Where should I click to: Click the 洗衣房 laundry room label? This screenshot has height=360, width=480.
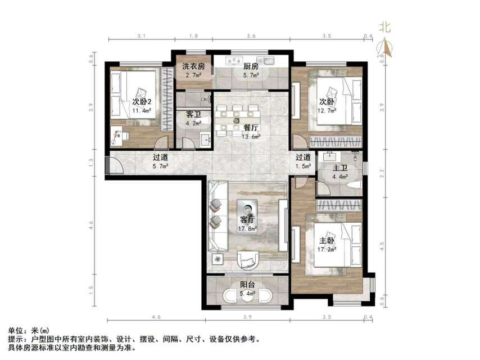point(193,66)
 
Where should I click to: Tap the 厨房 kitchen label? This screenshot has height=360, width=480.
point(251,66)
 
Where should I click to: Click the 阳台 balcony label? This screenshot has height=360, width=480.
point(247,285)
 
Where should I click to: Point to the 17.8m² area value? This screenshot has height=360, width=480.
point(247,228)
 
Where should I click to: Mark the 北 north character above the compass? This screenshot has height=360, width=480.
point(384,26)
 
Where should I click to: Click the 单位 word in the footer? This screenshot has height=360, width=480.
point(16,330)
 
